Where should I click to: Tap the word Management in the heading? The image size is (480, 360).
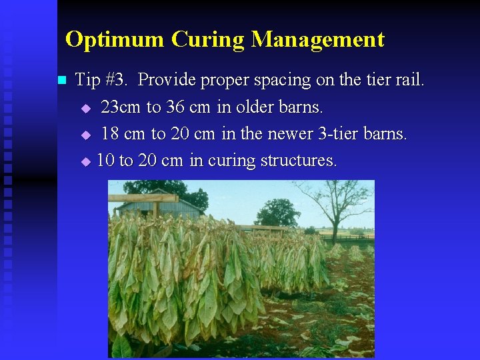318,39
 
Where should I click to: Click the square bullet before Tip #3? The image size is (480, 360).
62,81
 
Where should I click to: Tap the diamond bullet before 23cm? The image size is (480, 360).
85,108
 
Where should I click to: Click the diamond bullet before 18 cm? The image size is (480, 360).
85,135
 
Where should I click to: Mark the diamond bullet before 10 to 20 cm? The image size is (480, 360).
85,161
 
